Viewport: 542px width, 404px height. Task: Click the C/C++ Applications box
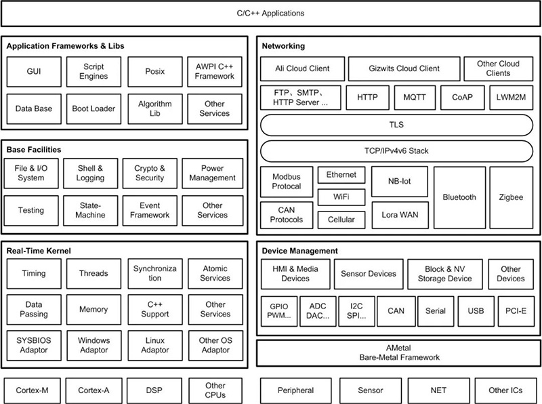(x=270, y=14)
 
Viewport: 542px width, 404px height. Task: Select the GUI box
(x=34, y=72)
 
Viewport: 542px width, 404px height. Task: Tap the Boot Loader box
(x=93, y=108)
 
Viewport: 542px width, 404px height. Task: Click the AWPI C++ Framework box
(x=215, y=72)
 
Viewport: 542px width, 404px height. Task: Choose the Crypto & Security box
(x=150, y=174)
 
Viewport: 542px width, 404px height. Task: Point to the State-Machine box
(x=91, y=210)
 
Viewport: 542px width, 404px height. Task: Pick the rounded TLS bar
(x=396, y=125)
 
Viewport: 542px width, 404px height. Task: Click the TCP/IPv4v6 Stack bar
(x=396, y=151)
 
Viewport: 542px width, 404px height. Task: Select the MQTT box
(x=415, y=98)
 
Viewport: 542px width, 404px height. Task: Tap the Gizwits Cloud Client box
(x=404, y=69)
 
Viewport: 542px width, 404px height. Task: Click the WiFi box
(x=341, y=197)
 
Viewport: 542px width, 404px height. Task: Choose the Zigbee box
(x=512, y=197)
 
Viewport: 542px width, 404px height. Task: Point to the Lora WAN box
(x=400, y=215)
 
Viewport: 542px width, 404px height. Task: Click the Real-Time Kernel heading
(x=39, y=251)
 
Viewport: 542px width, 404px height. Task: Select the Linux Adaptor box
(x=155, y=346)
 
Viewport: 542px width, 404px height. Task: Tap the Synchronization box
(x=155, y=274)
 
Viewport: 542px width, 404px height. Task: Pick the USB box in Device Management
(x=476, y=311)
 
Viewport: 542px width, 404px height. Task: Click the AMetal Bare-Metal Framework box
(x=399, y=353)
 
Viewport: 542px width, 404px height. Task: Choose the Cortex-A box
(x=93, y=391)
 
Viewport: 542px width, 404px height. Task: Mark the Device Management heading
(x=299, y=251)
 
